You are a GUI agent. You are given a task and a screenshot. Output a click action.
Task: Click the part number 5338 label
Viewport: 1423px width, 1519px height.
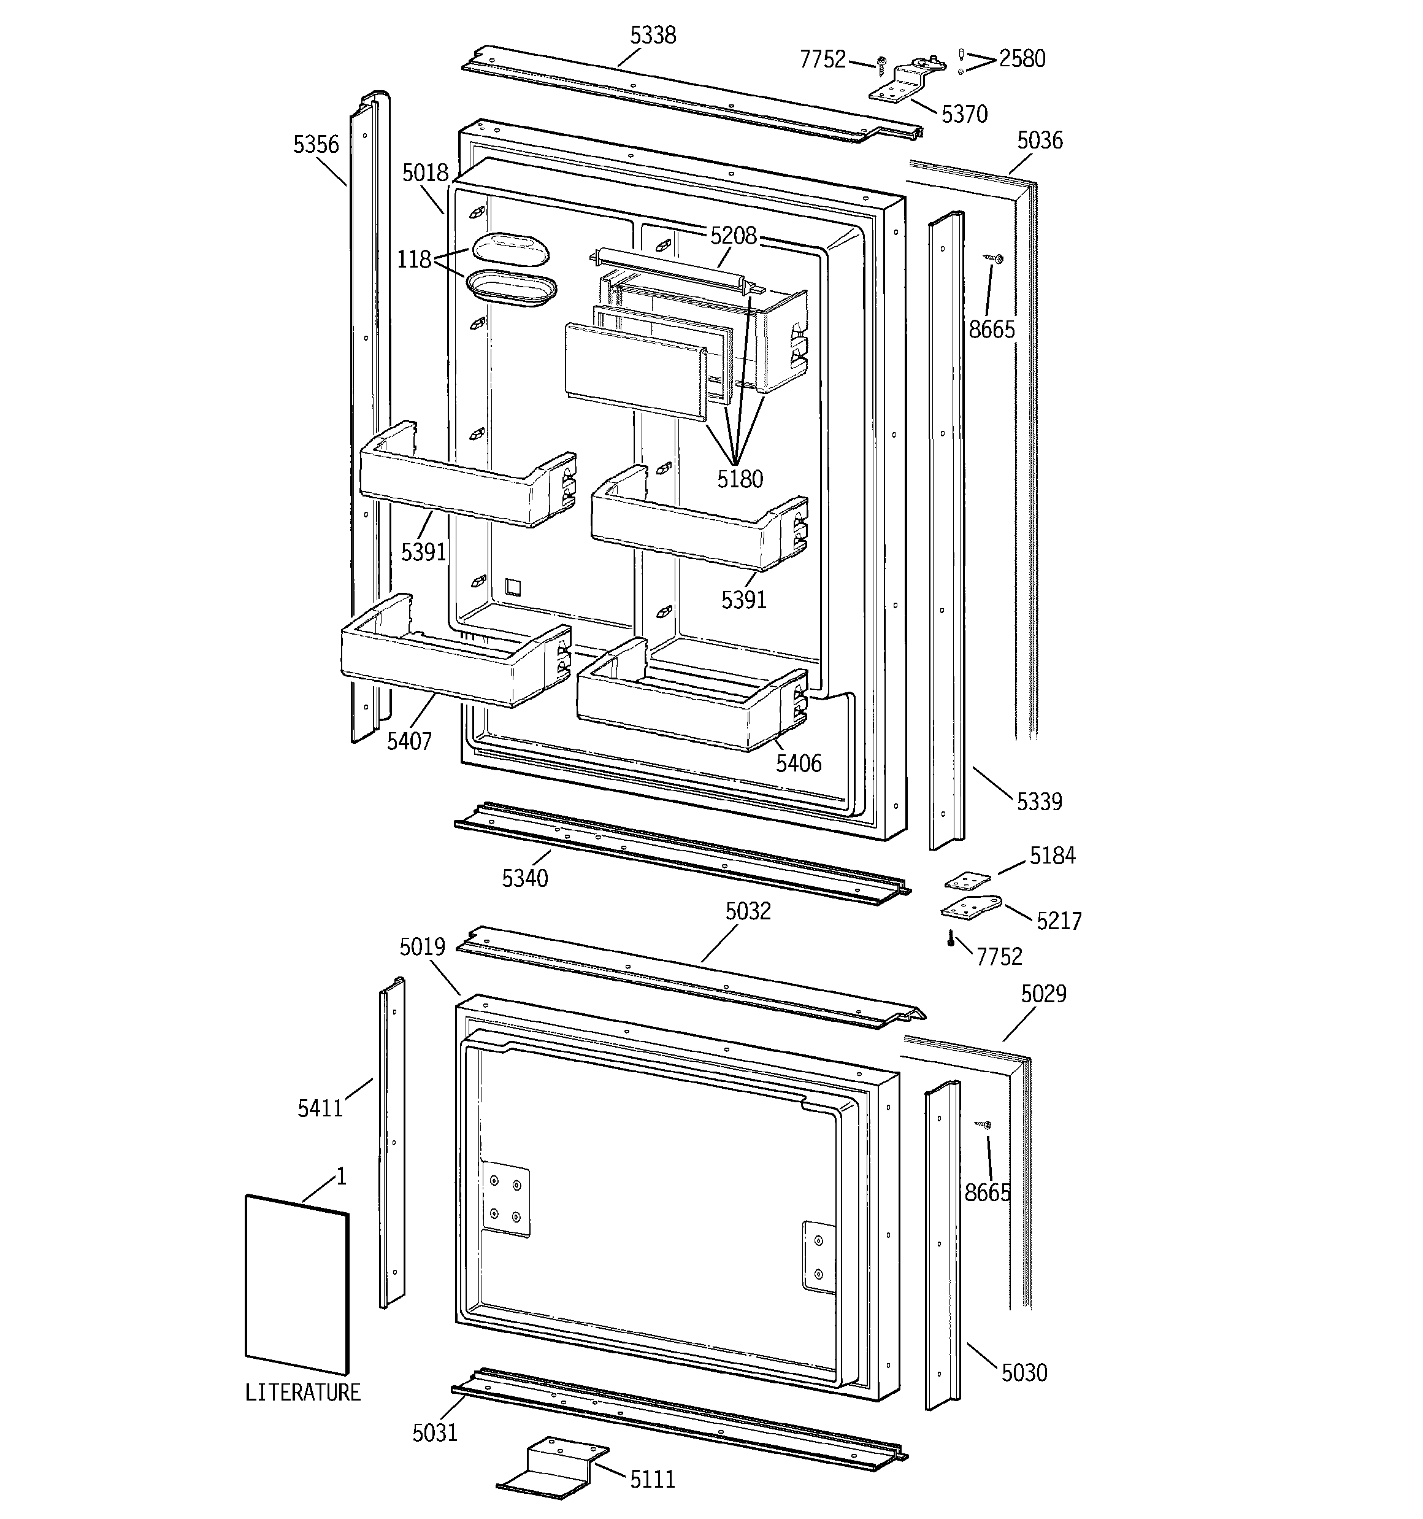(653, 35)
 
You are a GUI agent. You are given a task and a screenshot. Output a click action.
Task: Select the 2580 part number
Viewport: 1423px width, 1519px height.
(1022, 59)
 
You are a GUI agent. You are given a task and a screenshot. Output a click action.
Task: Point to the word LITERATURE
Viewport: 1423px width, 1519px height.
(302, 1392)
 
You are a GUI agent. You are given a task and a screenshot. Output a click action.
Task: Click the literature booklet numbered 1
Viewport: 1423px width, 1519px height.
(296, 1285)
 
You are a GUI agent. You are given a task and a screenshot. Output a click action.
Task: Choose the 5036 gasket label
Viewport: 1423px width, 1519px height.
(1040, 141)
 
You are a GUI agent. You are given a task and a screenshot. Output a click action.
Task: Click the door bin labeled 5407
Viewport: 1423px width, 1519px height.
(455, 650)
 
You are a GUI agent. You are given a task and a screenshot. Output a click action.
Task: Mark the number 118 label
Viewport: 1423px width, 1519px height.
(414, 260)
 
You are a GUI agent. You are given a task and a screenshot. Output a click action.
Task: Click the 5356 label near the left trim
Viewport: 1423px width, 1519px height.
(315, 144)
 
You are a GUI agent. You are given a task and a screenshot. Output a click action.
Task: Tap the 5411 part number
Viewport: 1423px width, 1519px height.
(321, 1108)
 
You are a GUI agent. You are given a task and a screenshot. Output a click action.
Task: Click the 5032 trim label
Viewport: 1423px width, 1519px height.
(748, 911)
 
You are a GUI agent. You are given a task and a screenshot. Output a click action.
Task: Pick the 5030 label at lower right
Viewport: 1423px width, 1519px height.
(1024, 1373)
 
